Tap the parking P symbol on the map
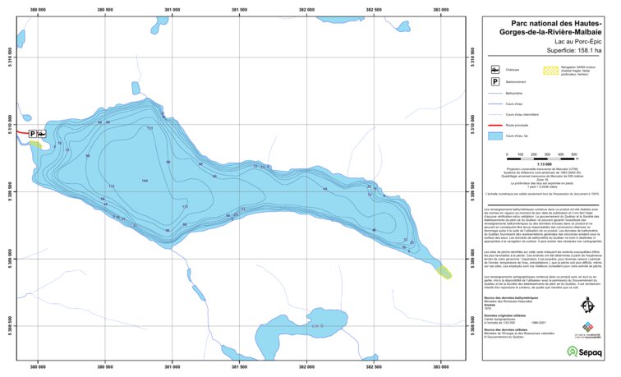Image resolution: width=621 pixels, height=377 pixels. pyautogui.click(x=33, y=133)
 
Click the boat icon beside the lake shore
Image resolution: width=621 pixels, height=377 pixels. pyautogui.click(x=41, y=133)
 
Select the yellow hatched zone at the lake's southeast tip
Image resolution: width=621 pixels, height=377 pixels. pyautogui.click(x=444, y=270)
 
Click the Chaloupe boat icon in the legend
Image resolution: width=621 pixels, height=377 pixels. pyautogui.click(x=495, y=70)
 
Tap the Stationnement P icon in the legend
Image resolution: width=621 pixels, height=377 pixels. pyautogui.click(x=495, y=82)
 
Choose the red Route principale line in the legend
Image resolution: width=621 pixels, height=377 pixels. pyautogui.click(x=495, y=125)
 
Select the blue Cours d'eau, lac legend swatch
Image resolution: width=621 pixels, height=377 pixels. pyautogui.click(x=495, y=135)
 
